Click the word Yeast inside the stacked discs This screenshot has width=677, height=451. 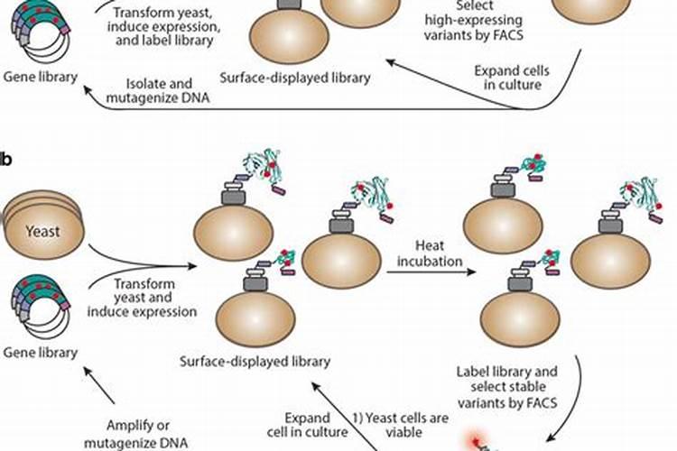coord(42,232)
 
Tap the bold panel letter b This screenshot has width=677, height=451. coord(6,161)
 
